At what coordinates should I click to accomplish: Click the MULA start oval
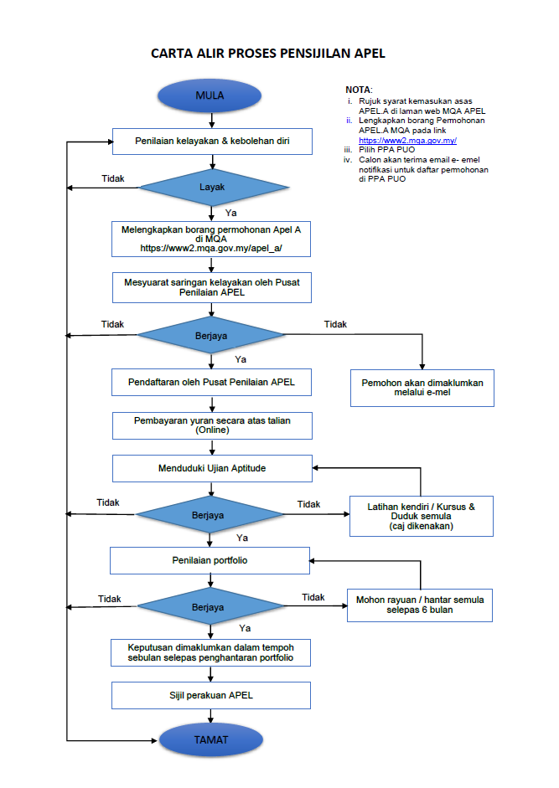tap(210, 95)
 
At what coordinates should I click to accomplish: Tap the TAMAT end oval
tap(211, 739)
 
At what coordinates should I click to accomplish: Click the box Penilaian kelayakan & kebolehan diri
tap(212, 142)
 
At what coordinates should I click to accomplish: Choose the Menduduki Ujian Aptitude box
tap(212, 468)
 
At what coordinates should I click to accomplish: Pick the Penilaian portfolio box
tap(210, 560)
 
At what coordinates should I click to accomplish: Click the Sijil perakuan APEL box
tap(211, 696)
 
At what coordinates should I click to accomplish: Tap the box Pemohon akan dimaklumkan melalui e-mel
tap(422, 388)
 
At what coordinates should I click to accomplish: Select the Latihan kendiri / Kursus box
tap(422, 516)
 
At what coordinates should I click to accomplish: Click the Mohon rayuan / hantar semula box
tap(420, 605)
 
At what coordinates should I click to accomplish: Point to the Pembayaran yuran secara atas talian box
tap(212, 425)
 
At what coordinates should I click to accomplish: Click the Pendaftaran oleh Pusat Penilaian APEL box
tap(211, 383)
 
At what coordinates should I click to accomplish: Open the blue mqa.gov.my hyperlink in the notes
tap(407, 141)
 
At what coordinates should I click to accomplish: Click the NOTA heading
tap(359, 90)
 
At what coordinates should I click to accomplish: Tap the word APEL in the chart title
tap(370, 54)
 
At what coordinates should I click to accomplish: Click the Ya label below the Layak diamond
tap(231, 213)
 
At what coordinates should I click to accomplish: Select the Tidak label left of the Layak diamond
tap(112, 179)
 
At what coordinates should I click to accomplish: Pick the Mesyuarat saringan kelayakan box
tap(212, 287)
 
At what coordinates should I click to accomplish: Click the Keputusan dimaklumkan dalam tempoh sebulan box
tap(211, 653)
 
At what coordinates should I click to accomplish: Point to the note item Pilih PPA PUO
tap(386, 150)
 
